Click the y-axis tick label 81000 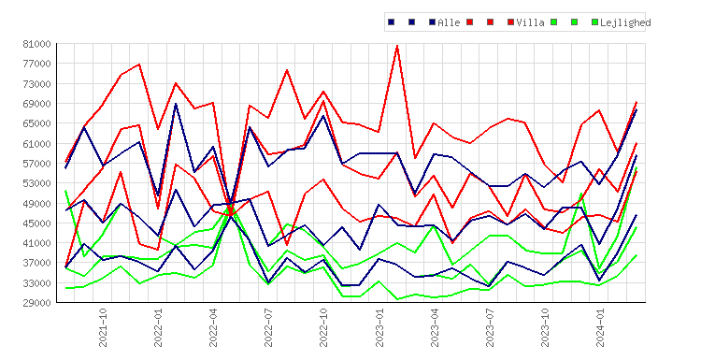tap(36, 44)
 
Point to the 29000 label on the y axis tap(36, 303)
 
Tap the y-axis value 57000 tap(36, 164)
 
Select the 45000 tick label tap(36, 223)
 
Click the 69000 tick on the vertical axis tap(36, 104)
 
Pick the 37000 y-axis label tap(36, 263)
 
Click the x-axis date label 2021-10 tap(103, 327)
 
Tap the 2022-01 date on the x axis tap(158, 327)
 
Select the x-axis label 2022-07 tap(268, 327)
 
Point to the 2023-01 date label tap(379, 327)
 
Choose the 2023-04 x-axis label tap(435, 327)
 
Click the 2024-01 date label tap(600, 327)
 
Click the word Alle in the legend tap(449, 22)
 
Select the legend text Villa tap(530, 22)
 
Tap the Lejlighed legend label tap(625, 22)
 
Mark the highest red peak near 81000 tap(397, 46)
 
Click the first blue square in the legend tap(392, 22)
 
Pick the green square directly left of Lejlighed tap(594, 22)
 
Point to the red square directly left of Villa tap(510, 22)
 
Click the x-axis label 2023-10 tap(545, 327)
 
